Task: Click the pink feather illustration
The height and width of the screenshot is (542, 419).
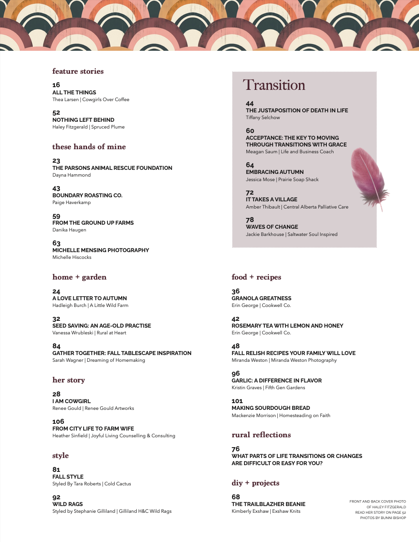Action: click(x=369, y=178)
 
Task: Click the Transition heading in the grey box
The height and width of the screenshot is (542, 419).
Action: click(x=274, y=85)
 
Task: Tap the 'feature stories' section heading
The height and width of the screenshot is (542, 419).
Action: click(x=78, y=71)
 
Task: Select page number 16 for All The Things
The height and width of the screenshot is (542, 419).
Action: click(x=56, y=85)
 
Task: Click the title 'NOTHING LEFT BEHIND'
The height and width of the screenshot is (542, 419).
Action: click(x=83, y=120)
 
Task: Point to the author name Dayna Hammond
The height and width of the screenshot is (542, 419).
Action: click(x=71, y=175)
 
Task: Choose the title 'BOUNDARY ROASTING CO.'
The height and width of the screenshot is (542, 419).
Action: click(x=87, y=195)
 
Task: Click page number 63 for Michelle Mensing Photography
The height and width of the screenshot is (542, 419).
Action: click(x=56, y=243)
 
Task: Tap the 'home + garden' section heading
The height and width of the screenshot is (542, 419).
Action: click(x=79, y=277)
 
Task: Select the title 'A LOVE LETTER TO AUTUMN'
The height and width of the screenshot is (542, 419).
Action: click(x=89, y=298)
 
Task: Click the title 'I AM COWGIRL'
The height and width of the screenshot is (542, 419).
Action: click(x=71, y=401)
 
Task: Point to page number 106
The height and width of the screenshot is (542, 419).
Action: click(x=58, y=422)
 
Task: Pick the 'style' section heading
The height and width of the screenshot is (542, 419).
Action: click(x=60, y=456)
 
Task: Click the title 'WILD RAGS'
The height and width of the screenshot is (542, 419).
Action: click(x=67, y=504)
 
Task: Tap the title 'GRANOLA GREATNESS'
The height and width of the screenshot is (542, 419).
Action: click(x=261, y=298)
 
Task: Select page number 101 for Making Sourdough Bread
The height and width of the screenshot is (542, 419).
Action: click(x=237, y=401)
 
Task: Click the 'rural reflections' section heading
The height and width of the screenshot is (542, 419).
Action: click(x=261, y=435)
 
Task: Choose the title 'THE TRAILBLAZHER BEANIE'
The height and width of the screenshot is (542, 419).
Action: click(x=268, y=504)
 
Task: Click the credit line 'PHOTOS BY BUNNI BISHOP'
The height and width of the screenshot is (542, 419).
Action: click(x=383, y=518)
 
